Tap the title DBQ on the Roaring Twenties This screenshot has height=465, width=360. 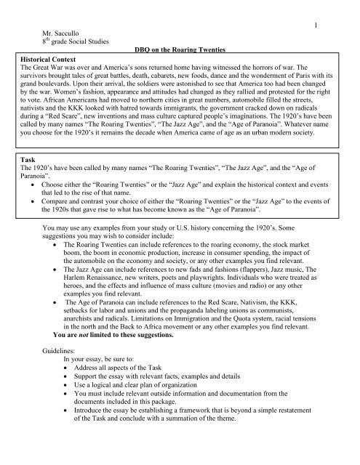tap(180, 48)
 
